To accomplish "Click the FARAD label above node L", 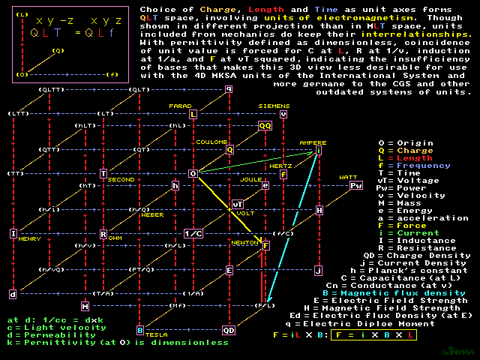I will click(181, 106).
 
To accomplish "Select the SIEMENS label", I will click(273, 106).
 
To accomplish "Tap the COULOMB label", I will click(212, 142).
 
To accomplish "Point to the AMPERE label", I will click(313, 142).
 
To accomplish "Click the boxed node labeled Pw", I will click(356, 185).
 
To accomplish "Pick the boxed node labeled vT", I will click(237, 204).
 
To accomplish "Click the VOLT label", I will click(245, 213).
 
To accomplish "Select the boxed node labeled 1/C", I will click(193, 233).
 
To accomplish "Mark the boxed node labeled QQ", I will click(265, 126).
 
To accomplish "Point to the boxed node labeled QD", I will click(229, 330).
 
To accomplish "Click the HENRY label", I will click(30, 238).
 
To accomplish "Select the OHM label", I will click(115, 238).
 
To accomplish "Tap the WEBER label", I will click(152, 214).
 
